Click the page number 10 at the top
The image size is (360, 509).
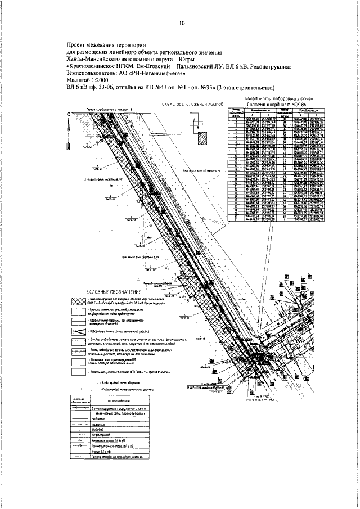181,24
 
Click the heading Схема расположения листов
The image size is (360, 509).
192,105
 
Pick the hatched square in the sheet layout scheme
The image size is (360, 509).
204,137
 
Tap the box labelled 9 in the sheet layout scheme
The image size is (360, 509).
195,121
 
